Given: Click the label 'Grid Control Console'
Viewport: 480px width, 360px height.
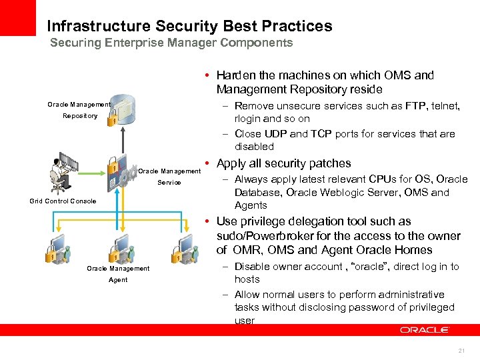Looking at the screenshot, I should (63, 201).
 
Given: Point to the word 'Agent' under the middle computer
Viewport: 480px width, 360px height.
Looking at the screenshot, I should (118, 280).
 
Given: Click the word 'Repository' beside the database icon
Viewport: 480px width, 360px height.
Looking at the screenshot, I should (80, 116).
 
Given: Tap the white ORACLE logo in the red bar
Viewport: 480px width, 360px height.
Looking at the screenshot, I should (425, 330).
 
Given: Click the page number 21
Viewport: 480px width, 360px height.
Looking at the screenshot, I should (461, 351).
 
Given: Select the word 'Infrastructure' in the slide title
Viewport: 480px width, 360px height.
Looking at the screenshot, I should (99, 27).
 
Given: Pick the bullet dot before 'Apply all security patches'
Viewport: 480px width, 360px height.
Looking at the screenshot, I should (209, 164).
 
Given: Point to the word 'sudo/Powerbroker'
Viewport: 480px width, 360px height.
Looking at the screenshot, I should (259, 236).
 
